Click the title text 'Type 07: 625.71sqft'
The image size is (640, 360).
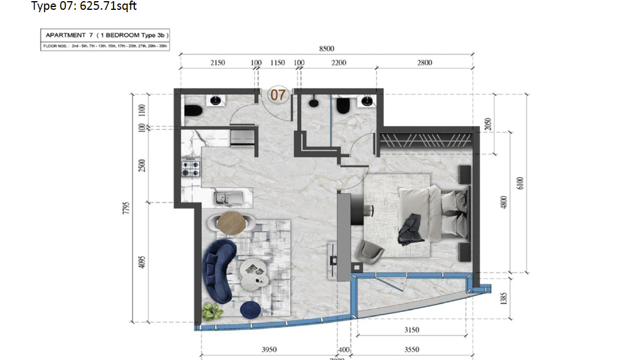(84, 6)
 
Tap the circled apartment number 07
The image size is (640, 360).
(278, 94)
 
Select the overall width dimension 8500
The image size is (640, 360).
(327, 49)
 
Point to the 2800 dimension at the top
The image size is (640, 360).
(425, 63)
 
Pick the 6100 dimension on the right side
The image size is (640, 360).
(520, 183)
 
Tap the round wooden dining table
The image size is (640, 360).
(231, 222)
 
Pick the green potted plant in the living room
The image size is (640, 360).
(212, 313)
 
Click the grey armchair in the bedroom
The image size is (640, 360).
(369, 251)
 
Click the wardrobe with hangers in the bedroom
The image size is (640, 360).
(426, 139)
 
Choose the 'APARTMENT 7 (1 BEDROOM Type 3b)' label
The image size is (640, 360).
(105, 36)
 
